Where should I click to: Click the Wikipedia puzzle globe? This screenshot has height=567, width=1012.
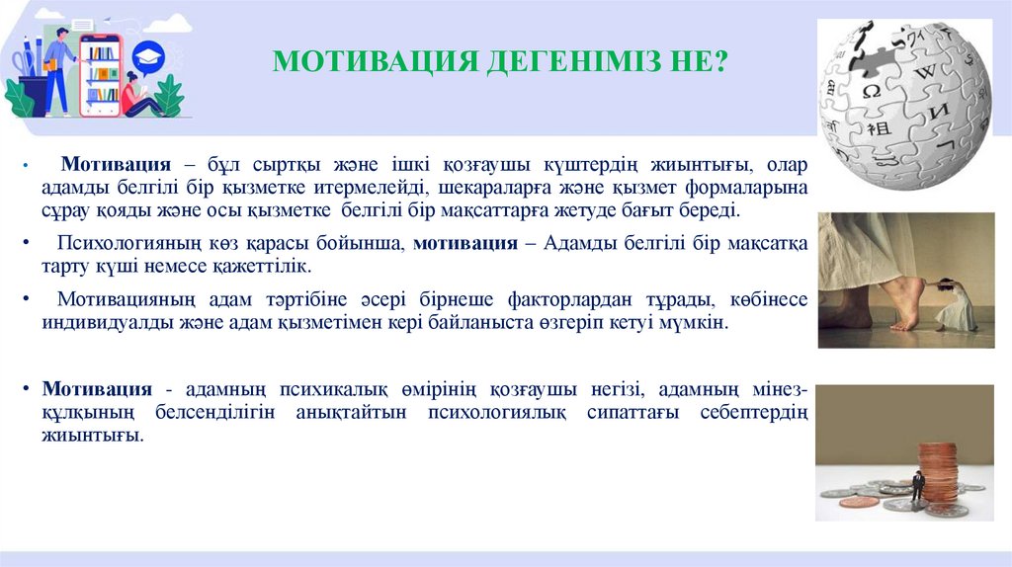coord(903,103)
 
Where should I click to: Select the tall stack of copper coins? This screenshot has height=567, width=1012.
coord(938,475)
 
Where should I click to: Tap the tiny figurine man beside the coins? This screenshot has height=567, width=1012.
coord(917,486)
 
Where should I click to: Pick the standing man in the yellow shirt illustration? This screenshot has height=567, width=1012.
coord(59,69)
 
